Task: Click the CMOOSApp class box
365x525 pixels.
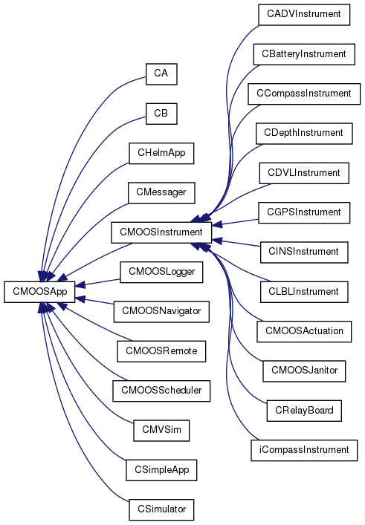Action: tap(39, 292)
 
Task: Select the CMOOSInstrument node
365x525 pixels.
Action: tap(161, 232)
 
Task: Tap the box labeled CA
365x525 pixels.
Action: tap(161, 74)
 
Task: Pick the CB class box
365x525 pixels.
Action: tap(161, 114)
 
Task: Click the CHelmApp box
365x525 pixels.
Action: tap(161, 153)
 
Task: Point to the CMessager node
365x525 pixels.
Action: tap(161, 192)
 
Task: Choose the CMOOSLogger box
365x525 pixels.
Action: tap(161, 272)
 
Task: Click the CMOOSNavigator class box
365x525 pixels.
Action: tap(161, 311)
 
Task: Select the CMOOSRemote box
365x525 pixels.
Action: tap(161, 351)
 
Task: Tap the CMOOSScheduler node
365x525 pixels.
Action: tap(161, 391)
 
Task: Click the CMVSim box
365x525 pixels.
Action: tap(161, 430)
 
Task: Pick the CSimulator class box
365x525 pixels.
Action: tap(161, 509)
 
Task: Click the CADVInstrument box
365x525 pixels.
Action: tap(304, 14)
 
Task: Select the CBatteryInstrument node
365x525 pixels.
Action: tap(304, 54)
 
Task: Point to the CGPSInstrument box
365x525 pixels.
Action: tap(304, 212)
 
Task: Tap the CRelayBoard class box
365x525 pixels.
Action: tap(304, 411)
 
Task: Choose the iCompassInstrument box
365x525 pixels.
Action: tap(304, 450)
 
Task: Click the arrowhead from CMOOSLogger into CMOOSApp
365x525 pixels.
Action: tap(80, 286)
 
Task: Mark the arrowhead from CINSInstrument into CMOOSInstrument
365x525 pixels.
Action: tap(217, 240)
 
